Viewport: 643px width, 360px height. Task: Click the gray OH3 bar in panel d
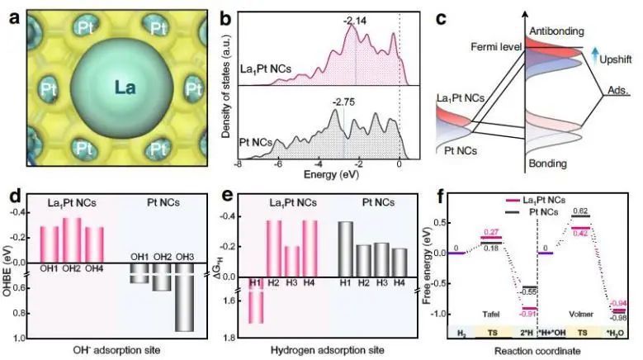[x=184, y=302]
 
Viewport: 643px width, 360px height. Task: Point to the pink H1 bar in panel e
[x=255, y=302]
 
